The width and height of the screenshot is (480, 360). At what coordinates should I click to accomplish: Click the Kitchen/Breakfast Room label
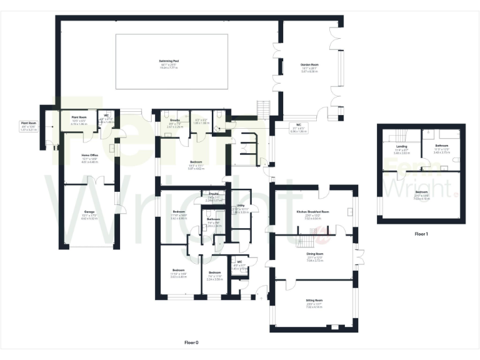[312, 212]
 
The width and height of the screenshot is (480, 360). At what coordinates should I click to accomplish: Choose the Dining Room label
[314, 254]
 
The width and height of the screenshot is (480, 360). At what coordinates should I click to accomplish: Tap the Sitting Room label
[314, 302]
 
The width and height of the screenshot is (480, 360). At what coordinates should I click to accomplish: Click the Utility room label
[240, 205]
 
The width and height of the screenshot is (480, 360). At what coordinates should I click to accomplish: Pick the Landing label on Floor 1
[401, 146]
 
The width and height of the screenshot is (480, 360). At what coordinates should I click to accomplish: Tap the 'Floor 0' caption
[191, 342]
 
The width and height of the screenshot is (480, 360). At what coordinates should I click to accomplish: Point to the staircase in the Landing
[398, 134]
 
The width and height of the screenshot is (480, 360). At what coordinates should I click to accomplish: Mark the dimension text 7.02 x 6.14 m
[314, 307]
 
